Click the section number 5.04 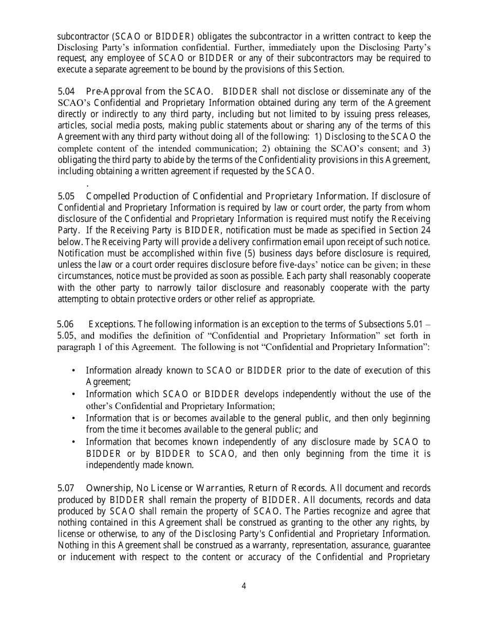click(66, 91)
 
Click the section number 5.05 click(66, 196)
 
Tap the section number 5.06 click(65, 324)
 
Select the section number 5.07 click(66, 488)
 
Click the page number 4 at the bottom click(243, 586)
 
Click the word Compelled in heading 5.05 click(108, 196)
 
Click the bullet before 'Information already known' click(74, 370)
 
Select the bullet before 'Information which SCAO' click(74, 394)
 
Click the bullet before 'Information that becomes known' click(74, 442)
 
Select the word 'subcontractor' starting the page click(81, 36)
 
